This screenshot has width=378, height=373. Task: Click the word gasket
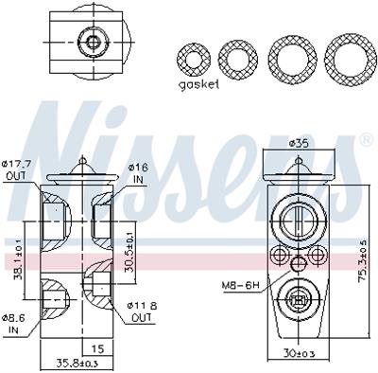[198, 84]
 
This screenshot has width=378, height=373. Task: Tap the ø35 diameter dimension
[300, 143]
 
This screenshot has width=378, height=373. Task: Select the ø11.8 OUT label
[142, 311]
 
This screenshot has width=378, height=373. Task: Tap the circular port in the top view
[92, 41]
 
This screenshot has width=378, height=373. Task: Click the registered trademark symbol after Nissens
[366, 139]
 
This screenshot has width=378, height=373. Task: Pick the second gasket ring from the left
[237, 59]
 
